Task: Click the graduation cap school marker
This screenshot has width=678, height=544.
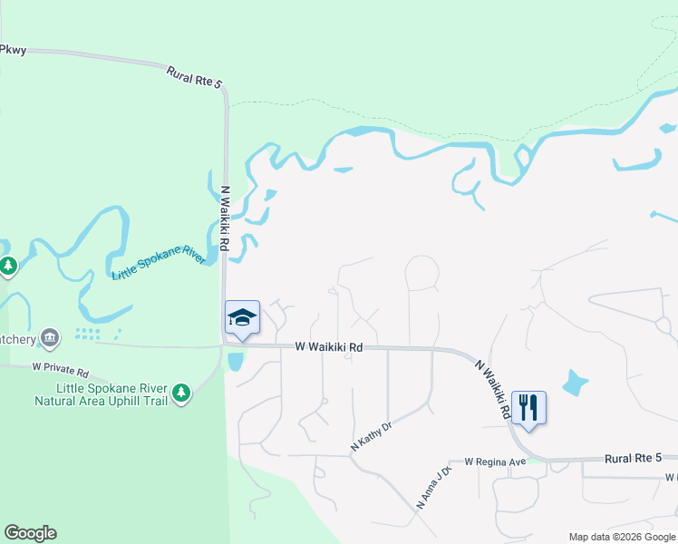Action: (242, 318)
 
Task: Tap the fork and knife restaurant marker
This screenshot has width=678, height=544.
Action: (528, 408)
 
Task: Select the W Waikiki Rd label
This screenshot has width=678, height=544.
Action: (328, 347)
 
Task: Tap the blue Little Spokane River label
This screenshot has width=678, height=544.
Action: (159, 262)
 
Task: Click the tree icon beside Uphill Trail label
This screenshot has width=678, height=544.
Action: (182, 392)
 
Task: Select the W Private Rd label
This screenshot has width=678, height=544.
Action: (61, 372)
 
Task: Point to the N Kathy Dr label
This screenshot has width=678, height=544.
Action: (371, 436)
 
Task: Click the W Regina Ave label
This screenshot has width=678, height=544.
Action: (495, 461)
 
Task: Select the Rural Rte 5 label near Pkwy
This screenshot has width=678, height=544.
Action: (194, 76)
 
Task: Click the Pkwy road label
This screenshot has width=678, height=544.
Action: (12, 49)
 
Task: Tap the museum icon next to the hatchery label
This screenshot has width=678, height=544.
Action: (50, 338)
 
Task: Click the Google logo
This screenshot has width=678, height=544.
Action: (30, 533)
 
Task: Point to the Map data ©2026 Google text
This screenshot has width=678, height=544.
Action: (622, 537)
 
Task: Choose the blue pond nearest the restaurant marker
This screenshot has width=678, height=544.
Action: (574, 383)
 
